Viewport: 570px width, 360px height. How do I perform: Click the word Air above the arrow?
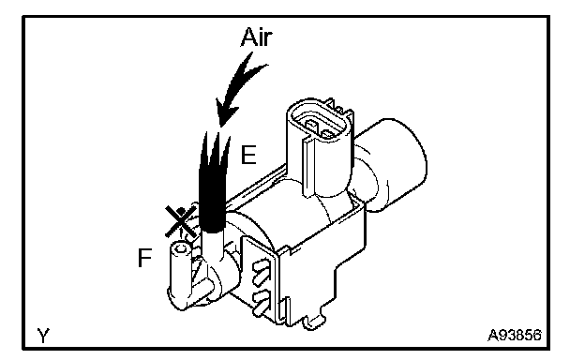[256, 37]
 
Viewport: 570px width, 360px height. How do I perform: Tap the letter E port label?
[248, 155]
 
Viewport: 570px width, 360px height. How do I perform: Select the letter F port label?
[144, 258]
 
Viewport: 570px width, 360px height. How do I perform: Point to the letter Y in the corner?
[43, 336]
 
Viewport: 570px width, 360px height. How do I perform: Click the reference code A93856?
[515, 335]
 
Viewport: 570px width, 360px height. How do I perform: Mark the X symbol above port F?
[180, 221]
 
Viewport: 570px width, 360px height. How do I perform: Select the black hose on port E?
[213, 182]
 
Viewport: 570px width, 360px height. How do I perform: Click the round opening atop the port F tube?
[181, 248]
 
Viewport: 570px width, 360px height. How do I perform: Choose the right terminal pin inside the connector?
[328, 134]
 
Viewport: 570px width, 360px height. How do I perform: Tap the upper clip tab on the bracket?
[262, 268]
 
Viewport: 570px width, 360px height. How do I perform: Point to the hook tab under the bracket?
[313, 321]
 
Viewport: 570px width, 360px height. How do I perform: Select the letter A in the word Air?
[247, 37]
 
